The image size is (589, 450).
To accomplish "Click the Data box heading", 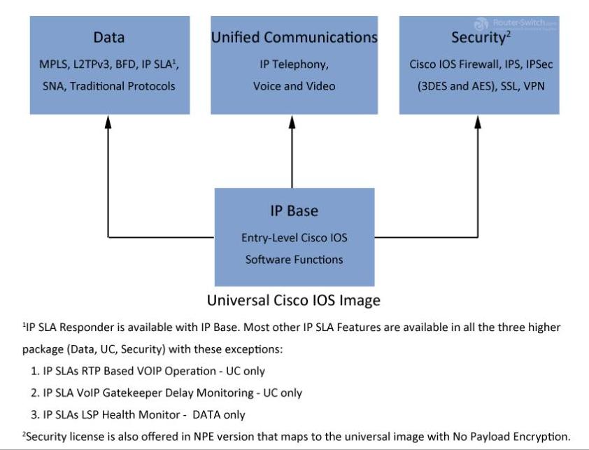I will [109, 37].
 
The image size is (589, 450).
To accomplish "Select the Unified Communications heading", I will [294, 37].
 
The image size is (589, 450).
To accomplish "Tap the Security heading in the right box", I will [478, 37].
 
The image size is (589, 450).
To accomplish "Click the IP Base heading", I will [293, 210].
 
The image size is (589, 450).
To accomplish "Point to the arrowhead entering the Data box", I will [108, 120].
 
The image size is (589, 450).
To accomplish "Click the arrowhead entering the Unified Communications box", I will [293, 120].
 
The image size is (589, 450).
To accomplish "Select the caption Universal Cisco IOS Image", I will [293, 301].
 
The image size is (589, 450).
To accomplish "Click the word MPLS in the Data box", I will [54, 64].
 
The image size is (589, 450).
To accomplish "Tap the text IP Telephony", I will [294, 64].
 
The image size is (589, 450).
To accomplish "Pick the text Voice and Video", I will [294, 86].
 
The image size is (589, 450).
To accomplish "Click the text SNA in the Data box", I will [54, 86].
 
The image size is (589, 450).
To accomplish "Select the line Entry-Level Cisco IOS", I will [293, 238].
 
